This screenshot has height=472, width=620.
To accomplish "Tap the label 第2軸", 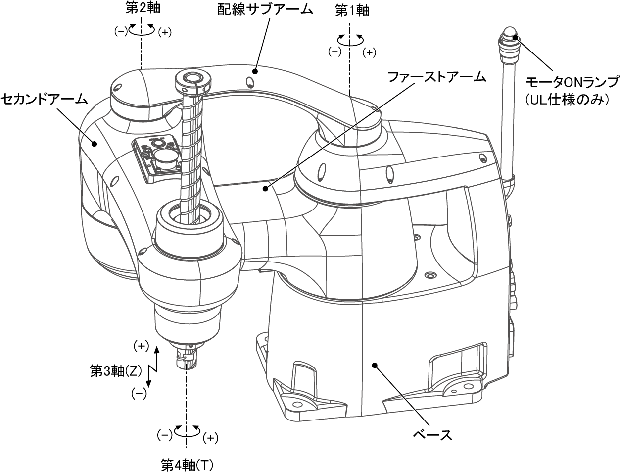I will [x=141, y=8].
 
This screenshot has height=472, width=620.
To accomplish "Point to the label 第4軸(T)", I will [x=187, y=465].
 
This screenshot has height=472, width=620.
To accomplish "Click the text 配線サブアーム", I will [x=266, y=9].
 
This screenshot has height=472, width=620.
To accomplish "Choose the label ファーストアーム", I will [x=436, y=77].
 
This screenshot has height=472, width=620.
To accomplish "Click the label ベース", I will [x=432, y=435].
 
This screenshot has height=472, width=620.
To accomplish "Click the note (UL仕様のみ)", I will [x=569, y=100].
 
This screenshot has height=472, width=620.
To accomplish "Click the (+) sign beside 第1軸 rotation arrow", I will [x=369, y=52].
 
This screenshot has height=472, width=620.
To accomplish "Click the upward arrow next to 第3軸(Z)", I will [x=157, y=354].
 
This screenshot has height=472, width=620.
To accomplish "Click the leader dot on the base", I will [x=375, y=366].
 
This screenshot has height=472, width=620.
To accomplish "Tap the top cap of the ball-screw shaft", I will [x=193, y=78].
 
